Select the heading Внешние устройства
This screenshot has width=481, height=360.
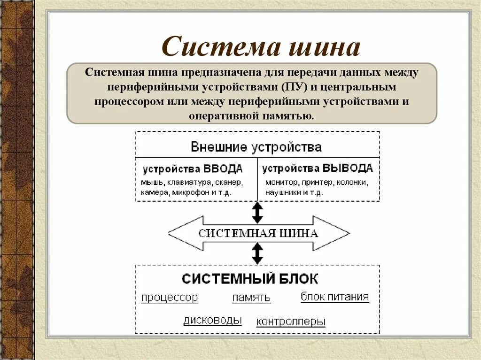pos(256,147)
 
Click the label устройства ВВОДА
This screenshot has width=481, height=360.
pos(193,169)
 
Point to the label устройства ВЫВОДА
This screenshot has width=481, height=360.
pos(318,169)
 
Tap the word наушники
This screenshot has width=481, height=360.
pos(280,192)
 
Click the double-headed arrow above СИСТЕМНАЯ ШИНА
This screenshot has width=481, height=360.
pos(257,213)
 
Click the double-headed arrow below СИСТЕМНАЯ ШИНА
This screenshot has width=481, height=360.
pos(257,253)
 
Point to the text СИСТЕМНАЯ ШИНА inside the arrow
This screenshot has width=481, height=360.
pos(258,233)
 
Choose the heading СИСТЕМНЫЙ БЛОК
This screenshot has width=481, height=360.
pos(250,278)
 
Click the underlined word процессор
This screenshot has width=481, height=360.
pos(170,298)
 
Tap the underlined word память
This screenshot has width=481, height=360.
pos(251,298)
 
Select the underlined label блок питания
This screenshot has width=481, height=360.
pos(334,297)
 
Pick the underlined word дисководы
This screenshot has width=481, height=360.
pos(212,320)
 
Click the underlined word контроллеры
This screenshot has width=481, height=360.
pos(291,322)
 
